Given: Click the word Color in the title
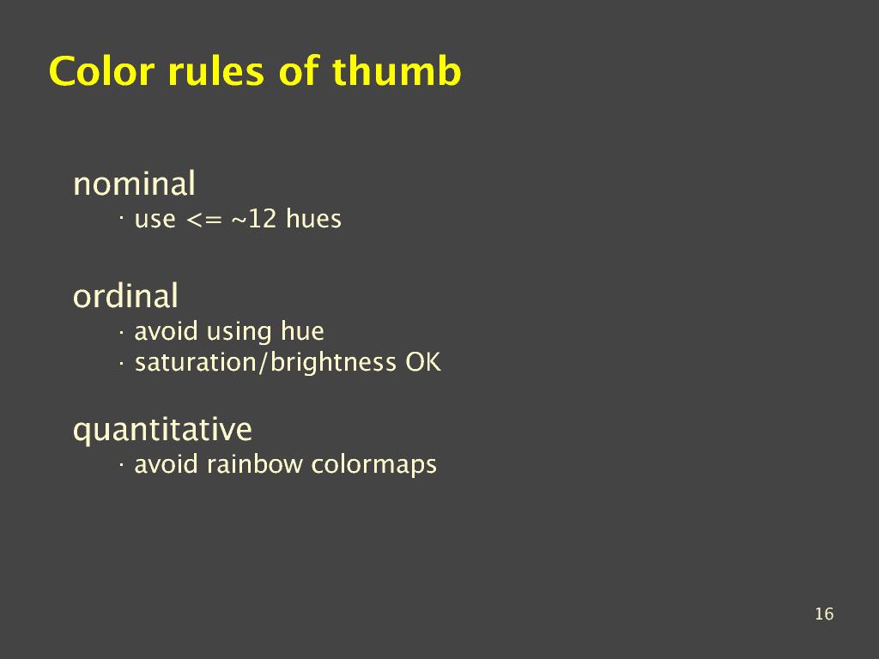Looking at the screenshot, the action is [101, 71].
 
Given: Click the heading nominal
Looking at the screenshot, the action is [134, 184].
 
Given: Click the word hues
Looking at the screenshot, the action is [313, 218].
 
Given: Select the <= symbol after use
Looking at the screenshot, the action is [204, 220].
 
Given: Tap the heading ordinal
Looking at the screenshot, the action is [125, 295].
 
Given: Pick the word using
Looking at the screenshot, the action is [239, 332].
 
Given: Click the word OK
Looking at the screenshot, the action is [422, 362].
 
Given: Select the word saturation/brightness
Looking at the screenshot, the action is [265, 363].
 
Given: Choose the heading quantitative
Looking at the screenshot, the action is [162, 431].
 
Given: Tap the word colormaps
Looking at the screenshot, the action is [374, 465].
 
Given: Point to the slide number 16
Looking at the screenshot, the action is [824, 614].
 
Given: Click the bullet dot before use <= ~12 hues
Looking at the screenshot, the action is [121, 215].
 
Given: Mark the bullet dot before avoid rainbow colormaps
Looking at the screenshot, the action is [121, 463].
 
